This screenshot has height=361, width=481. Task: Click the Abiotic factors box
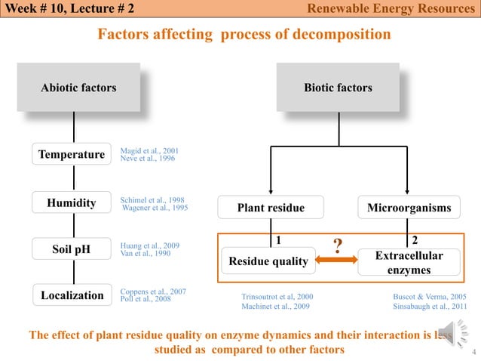coord(78,88)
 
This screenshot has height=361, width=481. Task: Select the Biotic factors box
coord(338,88)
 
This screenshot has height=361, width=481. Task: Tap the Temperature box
coord(72,154)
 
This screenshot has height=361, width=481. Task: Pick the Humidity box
coord(72,202)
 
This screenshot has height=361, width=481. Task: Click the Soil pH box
coord(72,249)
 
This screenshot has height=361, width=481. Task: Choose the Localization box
coord(72,295)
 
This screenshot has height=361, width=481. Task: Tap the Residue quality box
coord(268,261)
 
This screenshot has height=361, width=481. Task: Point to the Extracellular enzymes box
coord(409,261)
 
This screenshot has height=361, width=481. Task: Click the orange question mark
coord(339,247)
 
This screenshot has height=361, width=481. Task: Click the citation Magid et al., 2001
coord(149,151)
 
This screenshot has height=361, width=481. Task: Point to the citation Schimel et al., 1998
coord(152,199)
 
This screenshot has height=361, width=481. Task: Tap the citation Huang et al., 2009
coord(149,245)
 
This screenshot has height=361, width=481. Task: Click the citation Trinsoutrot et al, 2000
coord(277,297)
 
